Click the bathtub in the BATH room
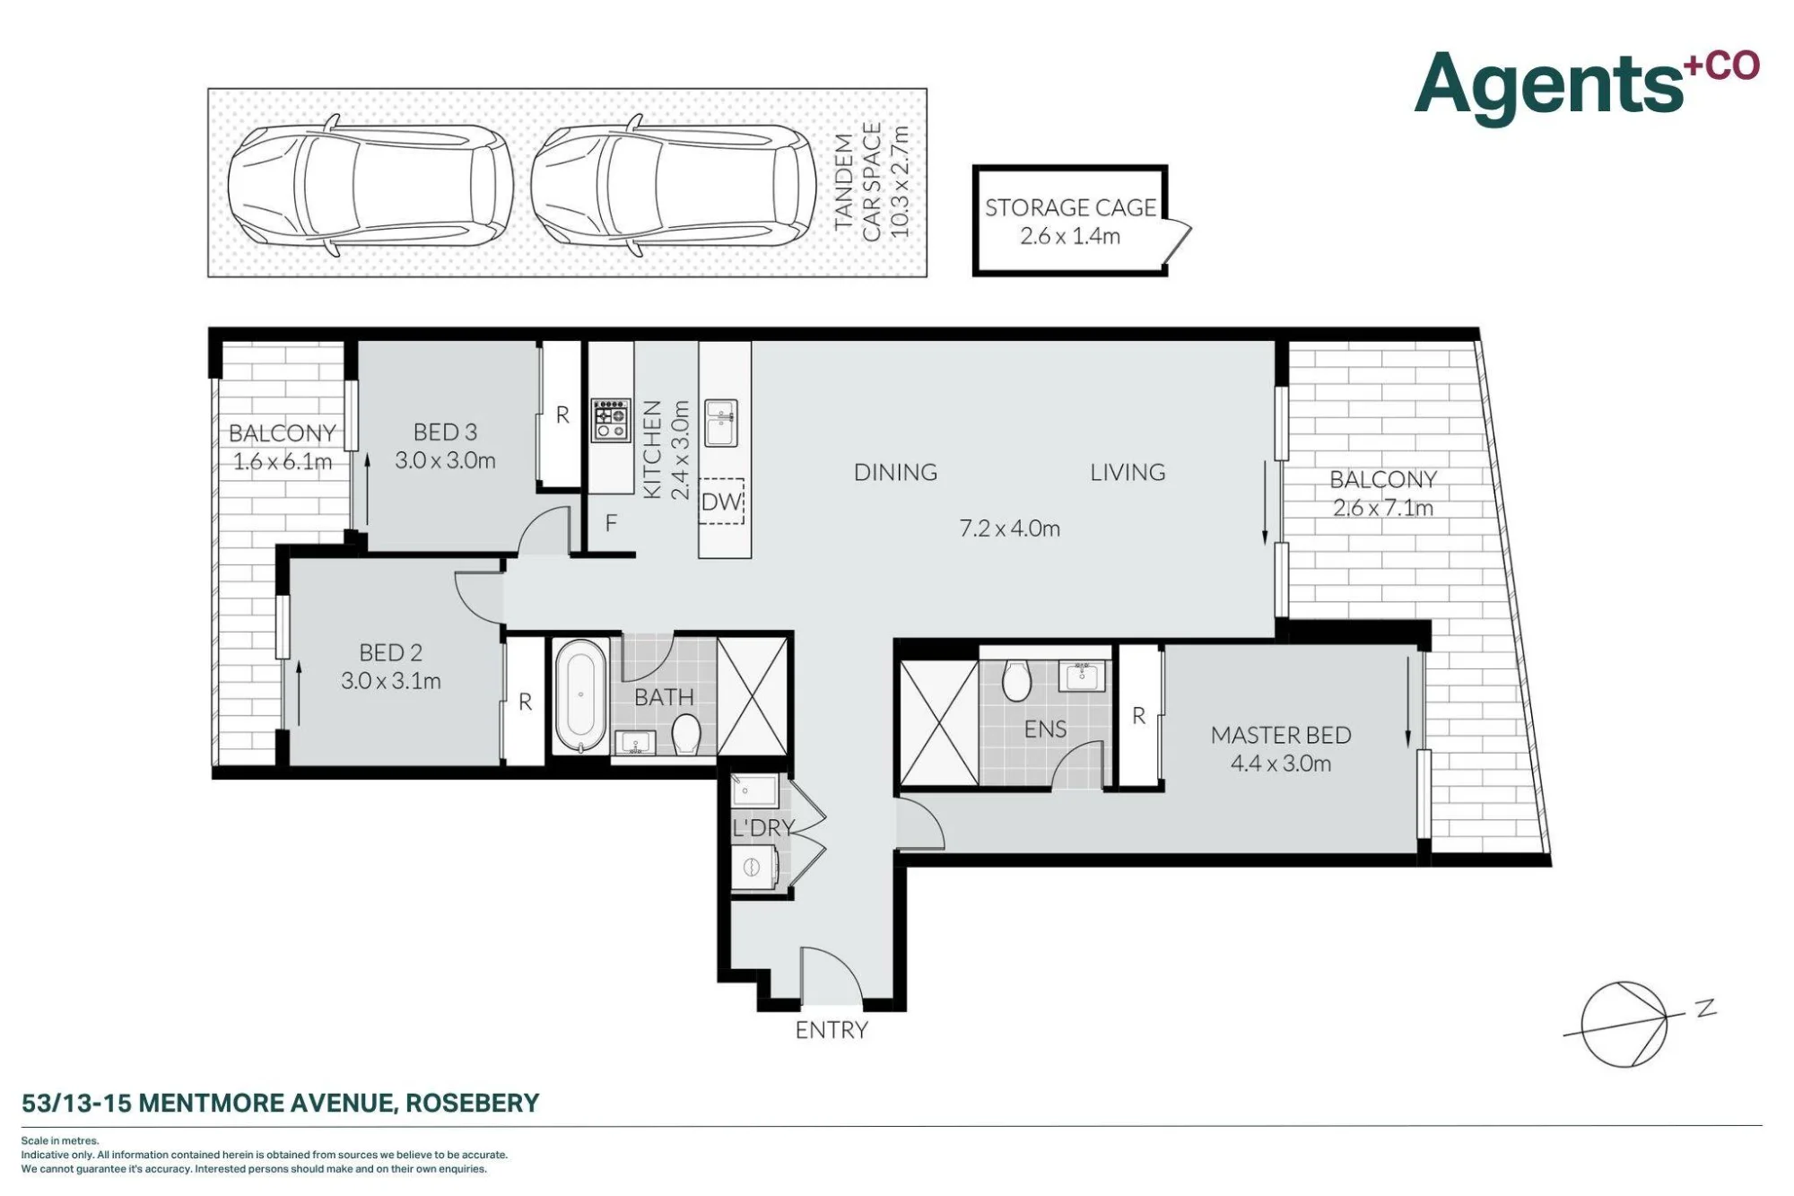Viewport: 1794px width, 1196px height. click(580, 695)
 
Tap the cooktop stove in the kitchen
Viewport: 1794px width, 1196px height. click(611, 420)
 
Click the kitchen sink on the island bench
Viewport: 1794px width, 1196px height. click(720, 423)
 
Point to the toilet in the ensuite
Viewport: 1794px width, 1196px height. click(1016, 681)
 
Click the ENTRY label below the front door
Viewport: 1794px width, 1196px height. click(832, 1030)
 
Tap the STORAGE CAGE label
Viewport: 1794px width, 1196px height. click(1070, 207)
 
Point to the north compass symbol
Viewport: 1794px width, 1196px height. click(1624, 1025)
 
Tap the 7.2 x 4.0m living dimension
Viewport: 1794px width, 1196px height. click(1010, 528)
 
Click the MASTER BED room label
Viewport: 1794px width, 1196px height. click(1281, 735)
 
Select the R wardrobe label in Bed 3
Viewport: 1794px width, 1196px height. click(562, 415)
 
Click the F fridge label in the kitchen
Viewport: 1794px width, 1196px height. click(611, 523)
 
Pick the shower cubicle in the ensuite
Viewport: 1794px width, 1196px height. click(939, 723)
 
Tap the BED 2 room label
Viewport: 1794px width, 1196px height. click(390, 652)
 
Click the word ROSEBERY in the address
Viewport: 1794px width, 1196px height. click(473, 1103)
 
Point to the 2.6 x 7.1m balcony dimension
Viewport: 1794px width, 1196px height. click(1382, 508)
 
